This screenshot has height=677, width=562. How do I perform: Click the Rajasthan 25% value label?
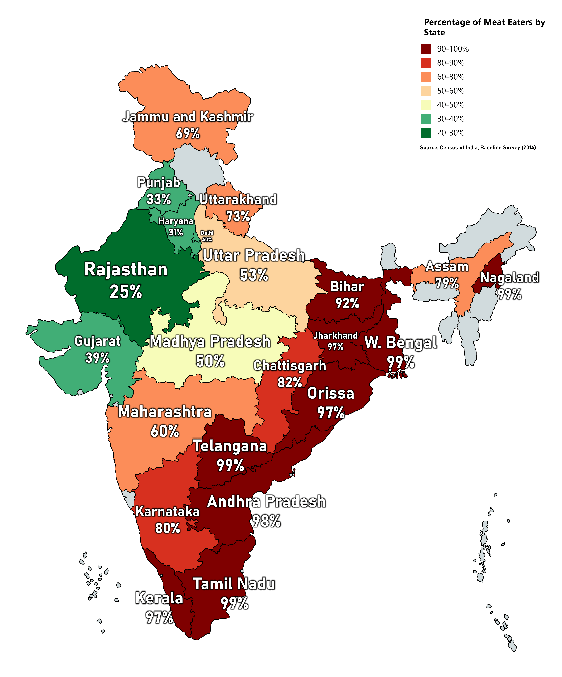click(x=126, y=292)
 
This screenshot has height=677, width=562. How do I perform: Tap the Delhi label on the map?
click(x=207, y=233)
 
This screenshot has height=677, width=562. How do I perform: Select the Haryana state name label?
click(x=176, y=221)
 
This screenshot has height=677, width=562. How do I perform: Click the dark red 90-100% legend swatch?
click(x=426, y=49)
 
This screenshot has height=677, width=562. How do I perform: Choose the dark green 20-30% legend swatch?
click(x=426, y=133)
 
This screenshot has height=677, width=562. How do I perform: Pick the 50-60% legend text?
click(x=450, y=91)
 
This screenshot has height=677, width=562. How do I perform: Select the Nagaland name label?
click(x=509, y=278)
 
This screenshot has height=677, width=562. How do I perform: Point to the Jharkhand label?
click(x=335, y=336)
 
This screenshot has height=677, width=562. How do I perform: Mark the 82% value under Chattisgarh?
click(x=290, y=382)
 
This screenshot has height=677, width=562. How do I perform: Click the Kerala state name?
click(x=159, y=598)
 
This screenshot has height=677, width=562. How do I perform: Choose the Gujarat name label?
click(x=97, y=341)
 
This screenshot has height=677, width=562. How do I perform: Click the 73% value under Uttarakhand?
click(x=238, y=216)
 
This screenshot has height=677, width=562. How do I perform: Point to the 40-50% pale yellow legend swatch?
click(x=426, y=105)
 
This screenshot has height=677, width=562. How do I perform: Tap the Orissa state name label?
click(x=330, y=393)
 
